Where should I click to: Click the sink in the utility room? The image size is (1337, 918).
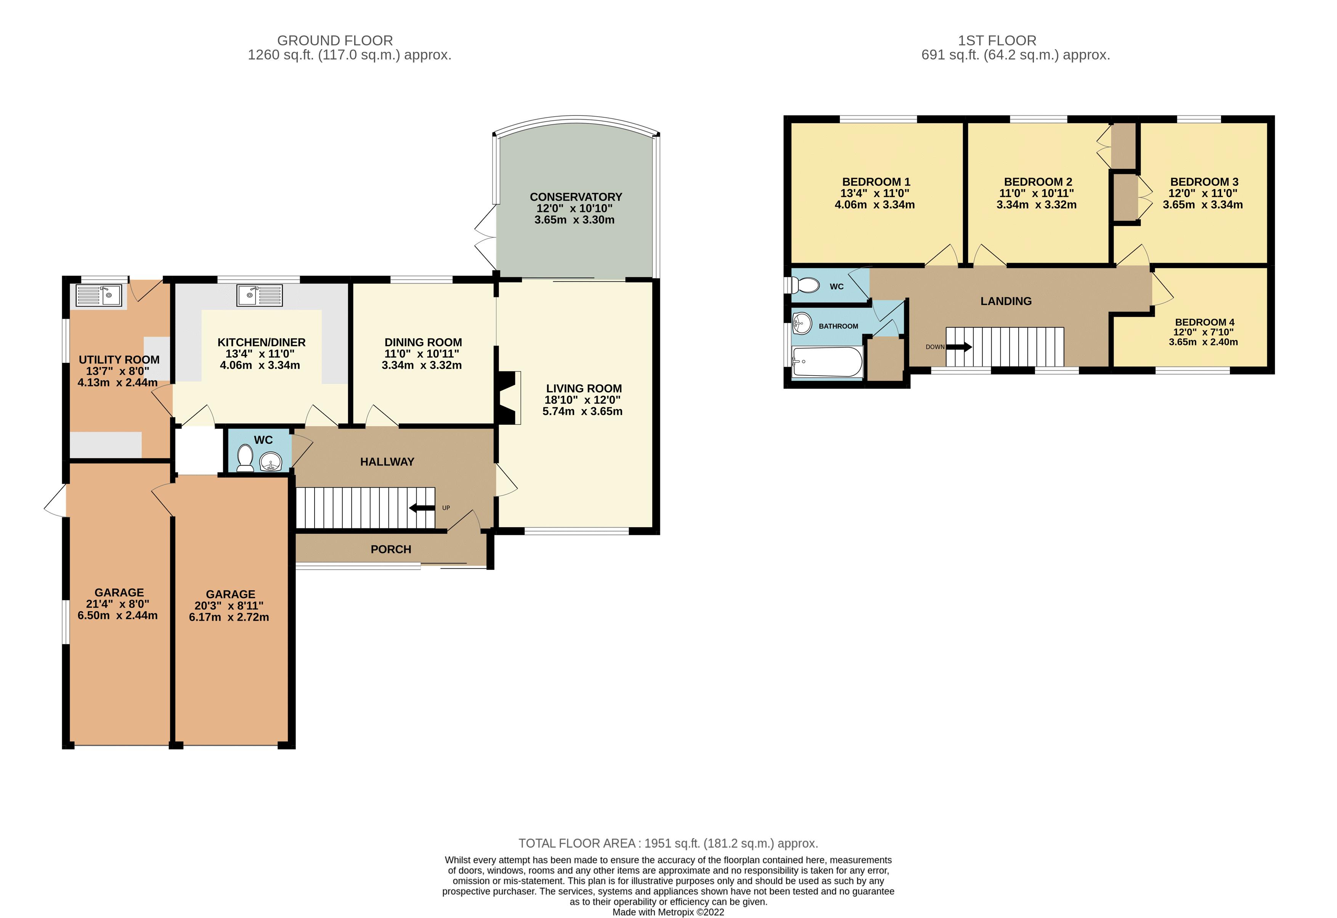[x=99, y=296]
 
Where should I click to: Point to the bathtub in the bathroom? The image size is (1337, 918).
[x=827, y=362]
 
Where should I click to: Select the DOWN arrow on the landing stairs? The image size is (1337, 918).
[x=958, y=347]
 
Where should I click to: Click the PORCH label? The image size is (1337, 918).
[x=391, y=549]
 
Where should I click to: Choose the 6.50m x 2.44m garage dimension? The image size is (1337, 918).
[x=117, y=615]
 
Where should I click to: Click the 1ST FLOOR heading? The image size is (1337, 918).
[x=997, y=41]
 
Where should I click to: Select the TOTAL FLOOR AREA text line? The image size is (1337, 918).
[x=668, y=843]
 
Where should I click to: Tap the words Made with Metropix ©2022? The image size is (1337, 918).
[x=668, y=912]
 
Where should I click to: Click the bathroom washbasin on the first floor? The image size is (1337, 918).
[x=801, y=323]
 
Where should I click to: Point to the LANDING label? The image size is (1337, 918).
[x=1006, y=301]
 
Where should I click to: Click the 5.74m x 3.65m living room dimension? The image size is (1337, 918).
[x=582, y=411]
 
